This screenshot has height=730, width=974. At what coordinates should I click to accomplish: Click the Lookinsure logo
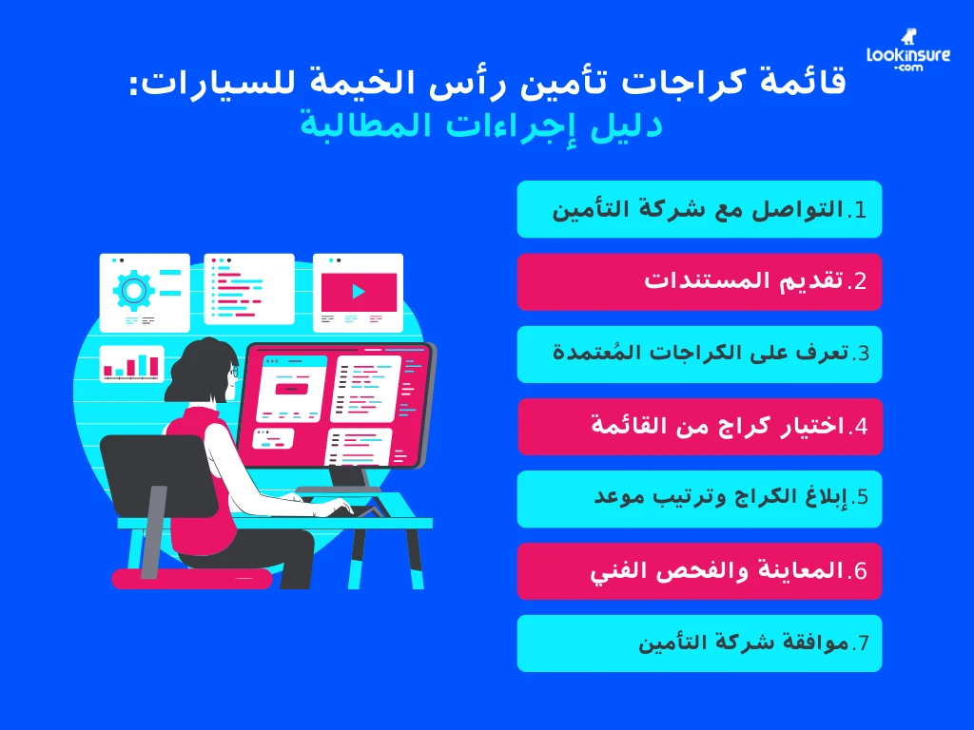coord(907,58)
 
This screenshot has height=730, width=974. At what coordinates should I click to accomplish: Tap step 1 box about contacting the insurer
coord(699,209)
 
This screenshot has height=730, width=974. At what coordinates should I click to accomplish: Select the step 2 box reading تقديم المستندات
coord(699,281)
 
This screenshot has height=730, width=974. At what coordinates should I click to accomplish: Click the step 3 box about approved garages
coord(699,354)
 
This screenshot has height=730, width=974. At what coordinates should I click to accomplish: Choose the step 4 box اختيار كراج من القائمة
coord(699,426)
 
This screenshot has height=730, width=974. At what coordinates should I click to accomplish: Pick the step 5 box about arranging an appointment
coord(699,498)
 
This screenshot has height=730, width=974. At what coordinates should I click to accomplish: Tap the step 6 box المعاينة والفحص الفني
coord(699,571)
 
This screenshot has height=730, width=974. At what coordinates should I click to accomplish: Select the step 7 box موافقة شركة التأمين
coord(699,644)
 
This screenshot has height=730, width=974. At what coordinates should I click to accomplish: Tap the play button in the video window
coord(358,291)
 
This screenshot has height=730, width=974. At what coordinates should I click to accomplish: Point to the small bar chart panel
coord(131,364)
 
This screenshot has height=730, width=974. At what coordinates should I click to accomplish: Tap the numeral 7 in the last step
coord(861,644)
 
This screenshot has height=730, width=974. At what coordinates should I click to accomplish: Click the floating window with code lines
coord(248,288)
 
